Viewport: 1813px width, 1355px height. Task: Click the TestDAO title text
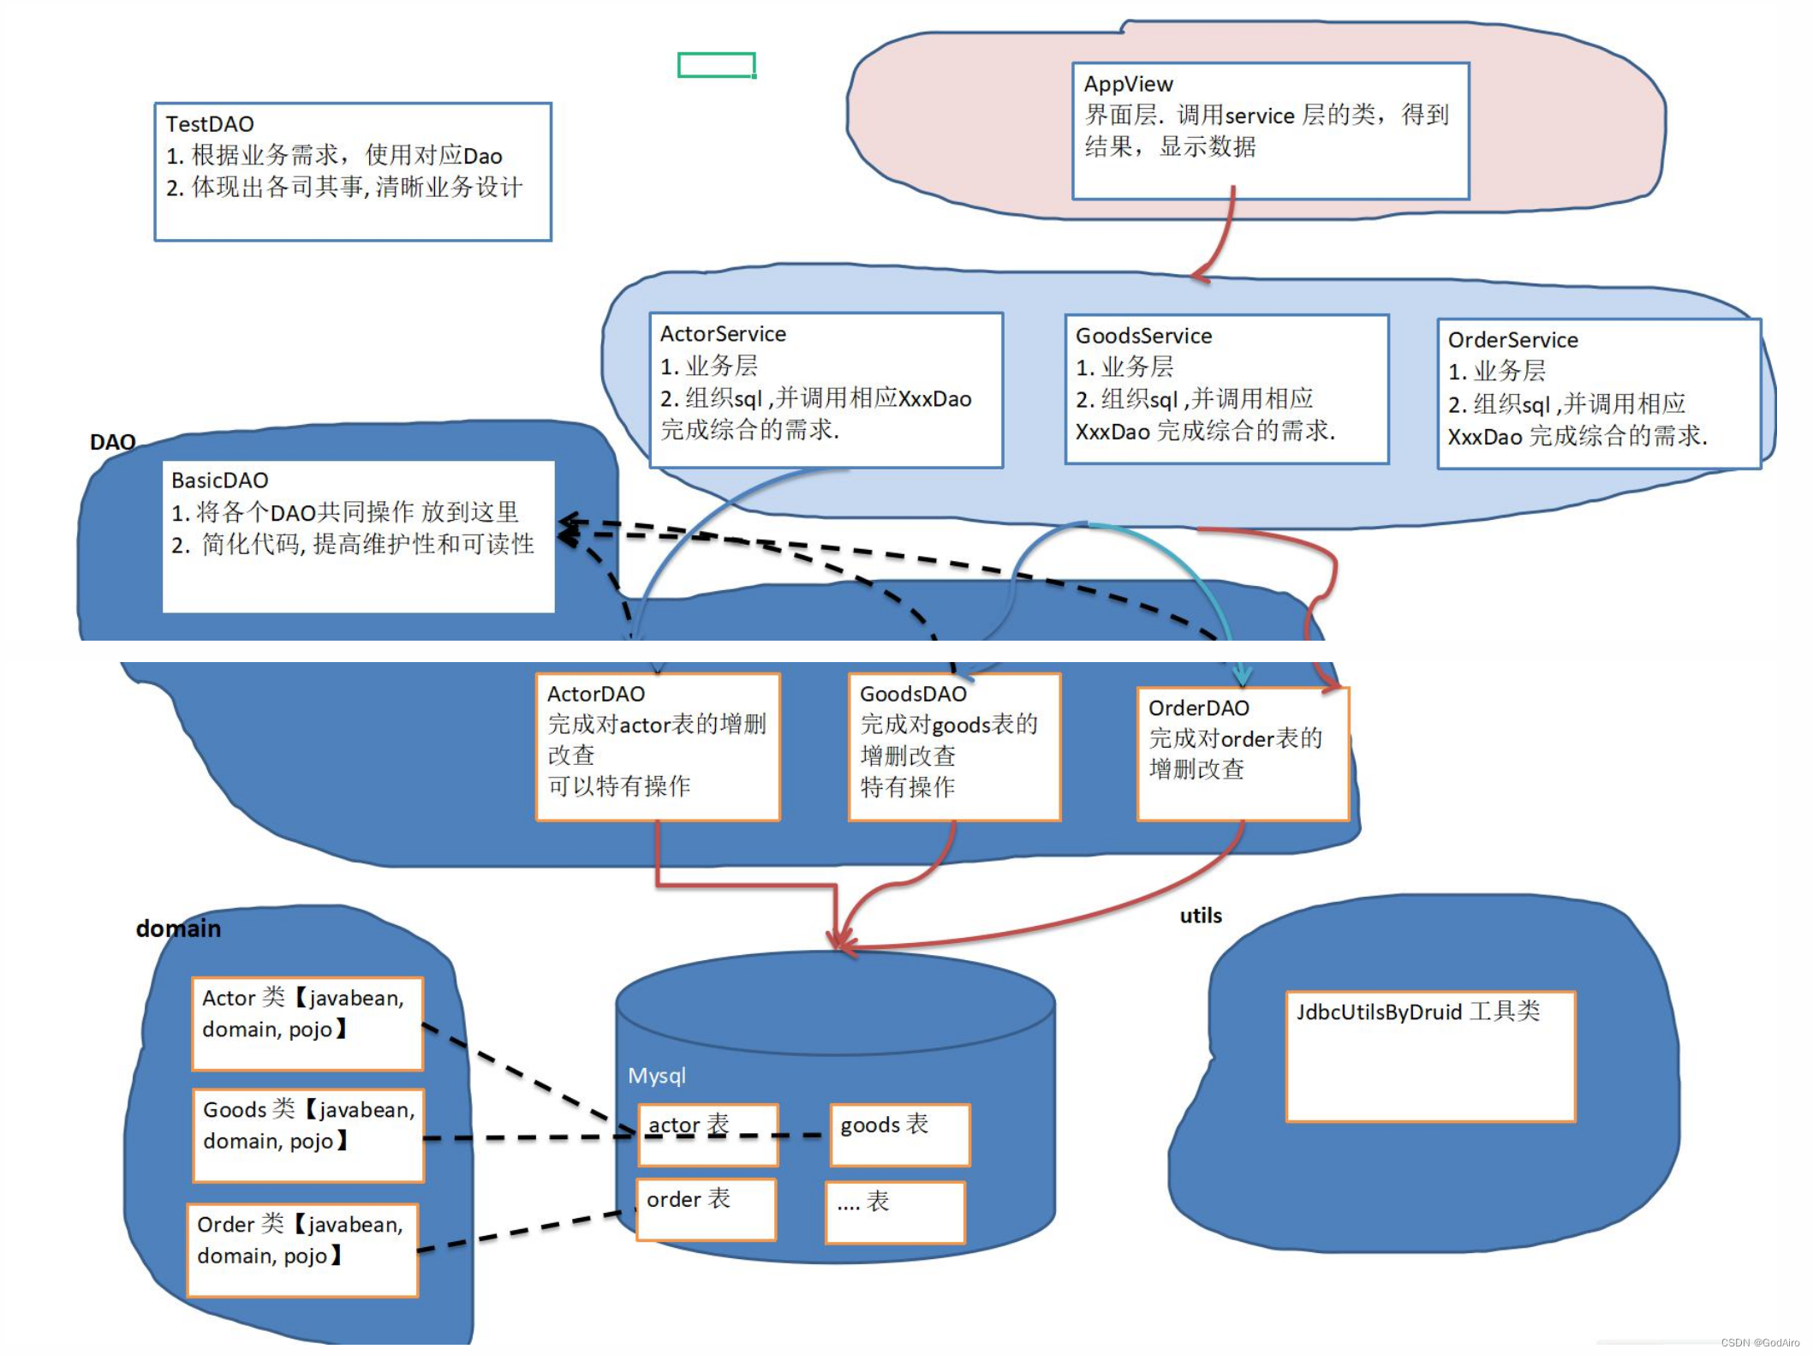pyautogui.click(x=210, y=124)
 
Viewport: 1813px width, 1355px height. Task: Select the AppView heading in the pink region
pyautogui.click(x=1128, y=84)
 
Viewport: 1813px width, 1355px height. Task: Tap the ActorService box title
pyautogui.click(x=723, y=334)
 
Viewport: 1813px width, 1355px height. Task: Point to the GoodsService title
pyautogui.click(x=1143, y=336)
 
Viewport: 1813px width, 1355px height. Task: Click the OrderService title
pyautogui.click(x=1512, y=340)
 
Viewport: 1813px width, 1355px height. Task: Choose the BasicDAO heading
pyautogui.click(x=220, y=481)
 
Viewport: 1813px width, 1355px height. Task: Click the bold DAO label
pyautogui.click(x=112, y=442)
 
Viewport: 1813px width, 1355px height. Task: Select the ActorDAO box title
pyautogui.click(x=596, y=694)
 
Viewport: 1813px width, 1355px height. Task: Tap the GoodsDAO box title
pyautogui.click(x=913, y=694)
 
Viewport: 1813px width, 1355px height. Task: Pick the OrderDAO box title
pyautogui.click(x=1198, y=708)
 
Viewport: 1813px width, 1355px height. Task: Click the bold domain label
pyautogui.click(x=178, y=928)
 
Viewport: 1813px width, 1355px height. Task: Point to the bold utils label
pyautogui.click(x=1201, y=916)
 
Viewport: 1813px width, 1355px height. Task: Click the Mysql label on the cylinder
pyautogui.click(x=657, y=1076)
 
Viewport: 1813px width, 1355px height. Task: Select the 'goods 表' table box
pyautogui.click(x=899, y=1135)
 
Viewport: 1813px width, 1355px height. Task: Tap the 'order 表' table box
pyautogui.click(x=706, y=1209)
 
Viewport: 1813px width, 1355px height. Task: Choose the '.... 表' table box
pyautogui.click(x=894, y=1212)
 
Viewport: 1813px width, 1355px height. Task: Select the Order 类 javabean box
pyautogui.click(x=302, y=1250)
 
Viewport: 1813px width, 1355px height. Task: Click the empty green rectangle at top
pyautogui.click(x=716, y=65)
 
